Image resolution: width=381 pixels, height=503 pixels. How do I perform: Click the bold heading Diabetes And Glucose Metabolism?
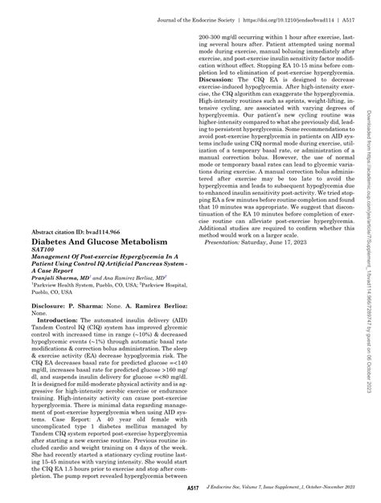(x=99, y=241)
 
